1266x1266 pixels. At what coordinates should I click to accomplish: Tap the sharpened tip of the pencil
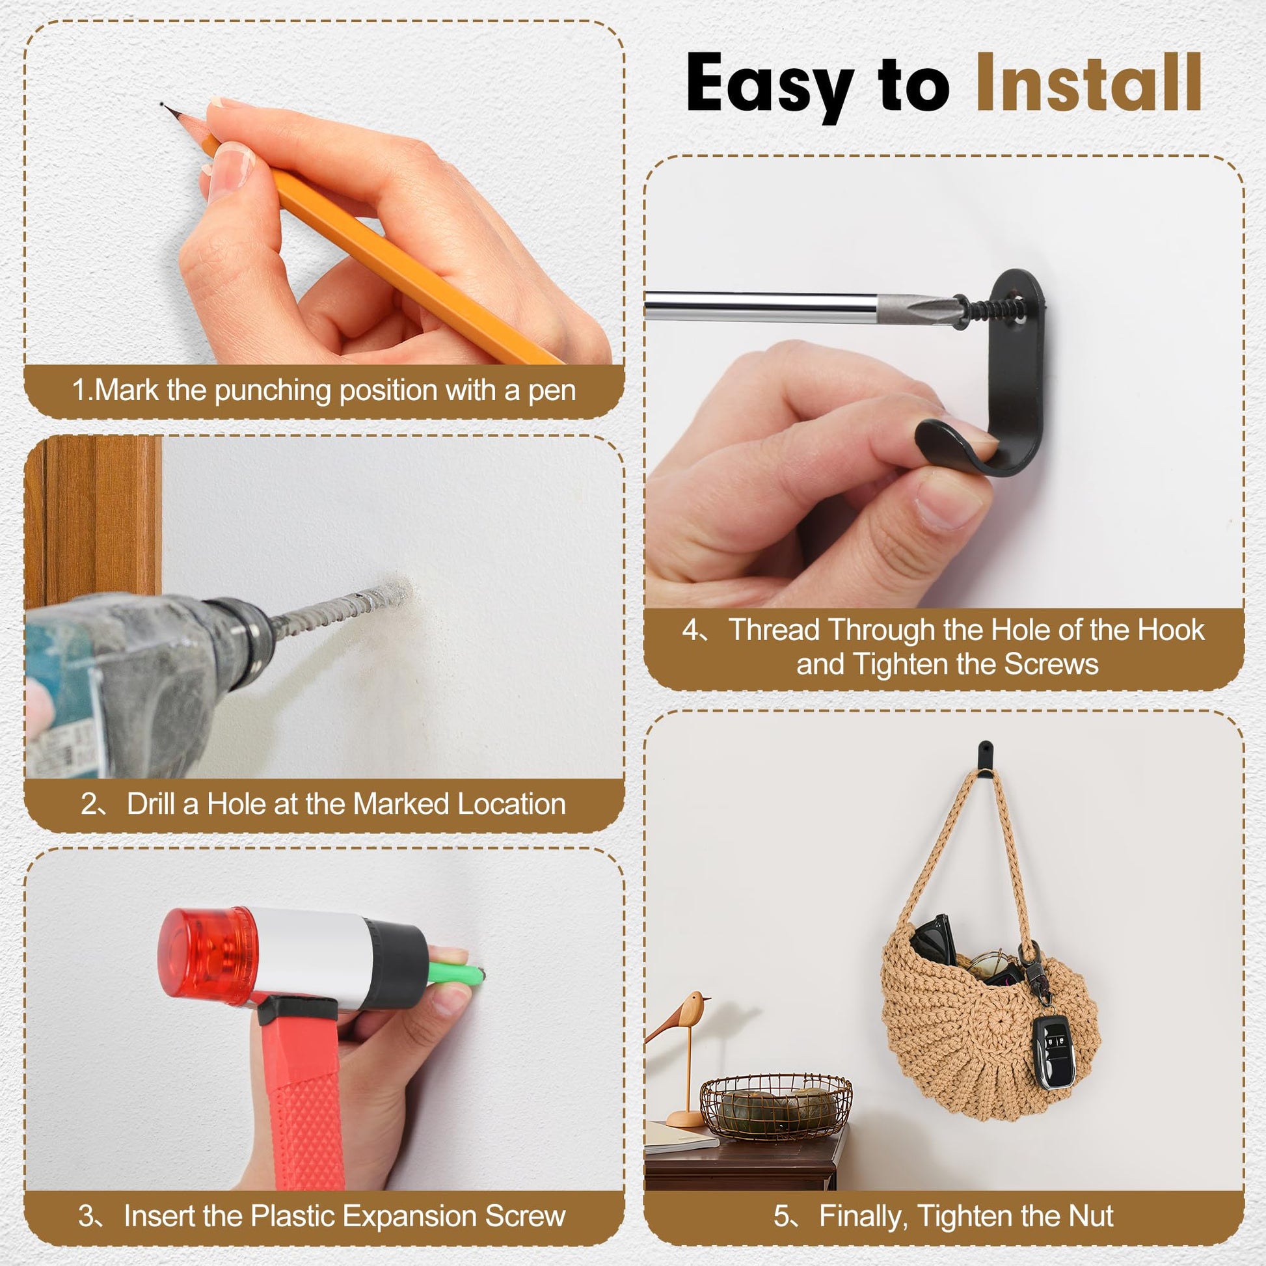pyautogui.click(x=164, y=105)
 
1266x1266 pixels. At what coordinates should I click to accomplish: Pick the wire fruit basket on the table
pyautogui.click(x=776, y=1106)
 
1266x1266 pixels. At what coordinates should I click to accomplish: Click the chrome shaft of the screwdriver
pyautogui.click(x=761, y=306)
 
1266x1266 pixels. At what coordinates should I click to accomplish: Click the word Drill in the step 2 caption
pyautogui.click(x=153, y=804)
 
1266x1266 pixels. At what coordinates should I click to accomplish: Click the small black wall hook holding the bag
pyautogui.click(x=984, y=757)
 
